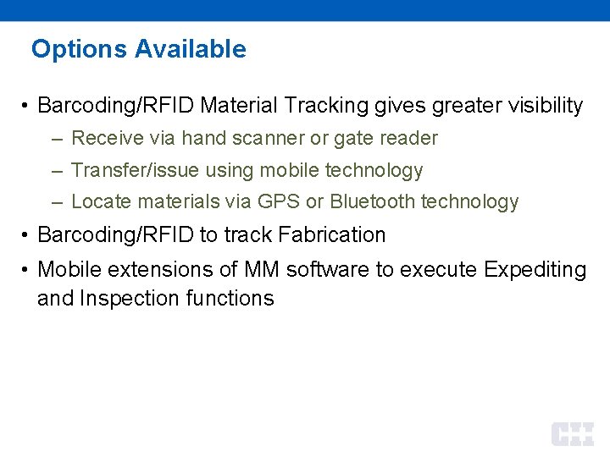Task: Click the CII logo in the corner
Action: click(x=573, y=433)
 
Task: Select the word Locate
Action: click(x=97, y=201)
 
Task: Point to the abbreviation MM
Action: click(x=262, y=270)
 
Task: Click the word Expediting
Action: click(x=535, y=270)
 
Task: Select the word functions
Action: click(x=231, y=298)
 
